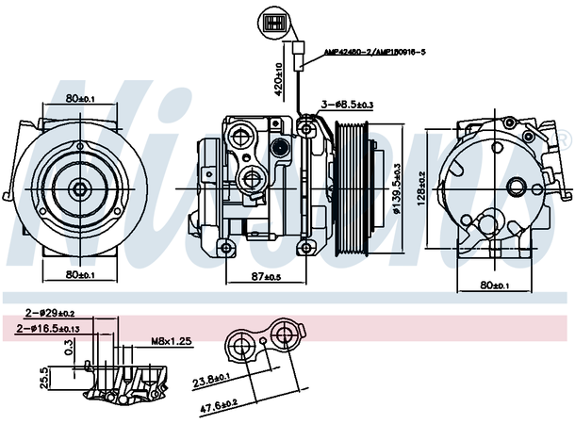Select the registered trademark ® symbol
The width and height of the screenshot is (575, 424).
564,139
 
